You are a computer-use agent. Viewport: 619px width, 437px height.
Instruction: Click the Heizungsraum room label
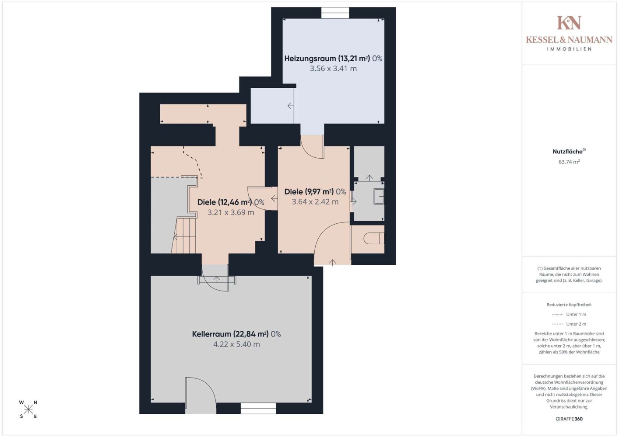(x=333, y=59)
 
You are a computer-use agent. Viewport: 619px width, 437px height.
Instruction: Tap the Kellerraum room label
(x=236, y=334)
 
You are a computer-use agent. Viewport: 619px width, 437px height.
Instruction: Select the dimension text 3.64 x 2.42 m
(x=315, y=201)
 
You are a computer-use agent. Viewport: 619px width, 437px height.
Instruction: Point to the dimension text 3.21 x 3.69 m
(x=231, y=212)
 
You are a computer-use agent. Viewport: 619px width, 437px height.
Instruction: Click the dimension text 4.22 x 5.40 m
(x=236, y=344)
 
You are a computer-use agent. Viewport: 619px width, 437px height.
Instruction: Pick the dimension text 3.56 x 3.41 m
(x=333, y=69)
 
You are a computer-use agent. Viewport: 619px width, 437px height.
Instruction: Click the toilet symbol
(x=374, y=239)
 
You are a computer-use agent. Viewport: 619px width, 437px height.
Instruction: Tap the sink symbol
(x=379, y=196)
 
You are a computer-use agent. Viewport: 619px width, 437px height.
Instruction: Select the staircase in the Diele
(x=184, y=235)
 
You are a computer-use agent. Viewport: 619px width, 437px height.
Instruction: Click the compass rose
(x=28, y=409)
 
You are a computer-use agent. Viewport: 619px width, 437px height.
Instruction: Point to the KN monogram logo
(x=569, y=23)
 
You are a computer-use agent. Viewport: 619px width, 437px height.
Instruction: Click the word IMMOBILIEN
(x=569, y=49)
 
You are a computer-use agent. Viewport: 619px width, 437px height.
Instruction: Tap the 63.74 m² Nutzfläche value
(x=569, y=162)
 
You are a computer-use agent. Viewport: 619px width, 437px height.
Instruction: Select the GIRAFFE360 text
(x=569, y=419)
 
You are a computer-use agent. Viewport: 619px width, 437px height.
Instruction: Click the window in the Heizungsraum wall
(x=335, y=13)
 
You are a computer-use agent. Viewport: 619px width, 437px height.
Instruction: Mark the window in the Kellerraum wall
(x=258, y=408)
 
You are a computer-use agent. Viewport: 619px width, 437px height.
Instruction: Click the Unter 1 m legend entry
(x=569, y=314)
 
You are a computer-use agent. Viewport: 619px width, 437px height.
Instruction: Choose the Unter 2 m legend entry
(x=569, y=324)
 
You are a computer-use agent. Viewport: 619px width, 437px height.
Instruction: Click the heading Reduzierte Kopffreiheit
(x=569, y=305)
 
